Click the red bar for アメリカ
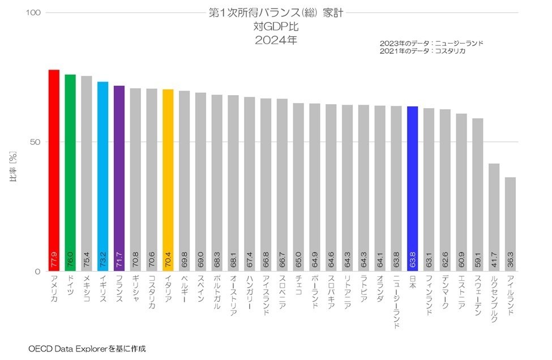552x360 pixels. (54, 170)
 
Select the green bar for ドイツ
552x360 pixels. (70, 173)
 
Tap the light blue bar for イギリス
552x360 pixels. (103, 176)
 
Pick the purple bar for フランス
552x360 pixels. (119, 178)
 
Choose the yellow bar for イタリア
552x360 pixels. (168, 180)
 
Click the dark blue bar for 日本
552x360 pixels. (412, 188)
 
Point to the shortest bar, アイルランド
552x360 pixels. (510, 224)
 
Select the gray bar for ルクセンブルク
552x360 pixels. (494, 217)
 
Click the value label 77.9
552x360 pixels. (54, 259)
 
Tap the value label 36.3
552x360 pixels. (510, 259)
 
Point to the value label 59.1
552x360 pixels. (478, 259)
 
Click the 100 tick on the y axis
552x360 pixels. (33, 12)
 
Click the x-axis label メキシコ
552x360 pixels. (87, 289)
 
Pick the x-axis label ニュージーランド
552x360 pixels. (396, 302)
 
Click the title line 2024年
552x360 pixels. (276, 40)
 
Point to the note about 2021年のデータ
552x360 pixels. (422, 51)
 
